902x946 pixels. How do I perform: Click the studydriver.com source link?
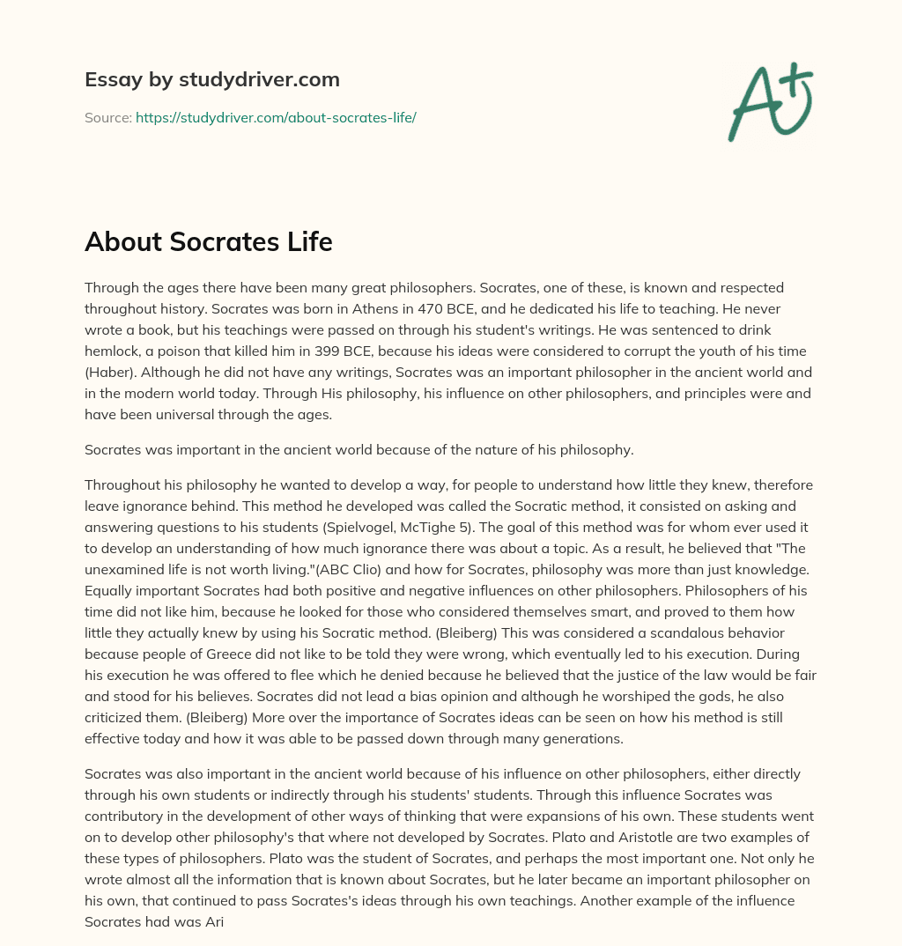(276, 117)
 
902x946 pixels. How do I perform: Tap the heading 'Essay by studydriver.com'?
(211, 79)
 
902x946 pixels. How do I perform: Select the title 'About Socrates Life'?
(208, 242)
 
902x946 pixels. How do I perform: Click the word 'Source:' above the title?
(107, 117)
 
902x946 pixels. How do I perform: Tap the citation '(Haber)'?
(108, 372)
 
